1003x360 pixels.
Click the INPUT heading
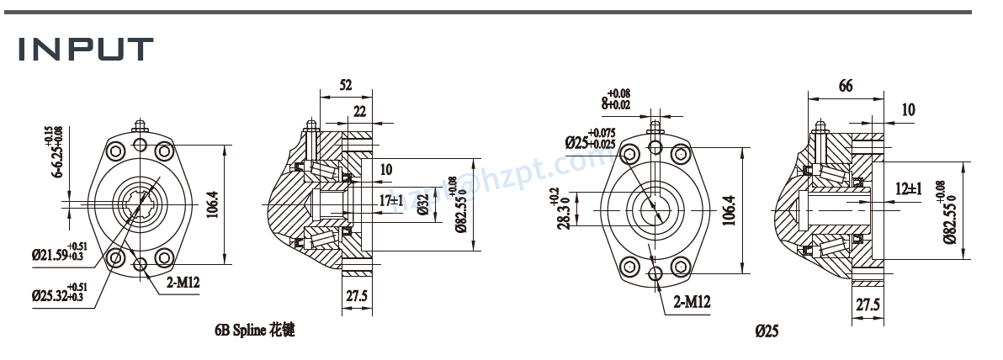pos(87,50)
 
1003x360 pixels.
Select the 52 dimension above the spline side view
pos(345,85)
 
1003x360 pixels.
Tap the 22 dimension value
pos(359,111)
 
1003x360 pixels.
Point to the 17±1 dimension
pos(390,201)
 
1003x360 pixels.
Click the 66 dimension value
pos(846,85)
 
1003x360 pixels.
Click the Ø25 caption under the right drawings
pos(767,332)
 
